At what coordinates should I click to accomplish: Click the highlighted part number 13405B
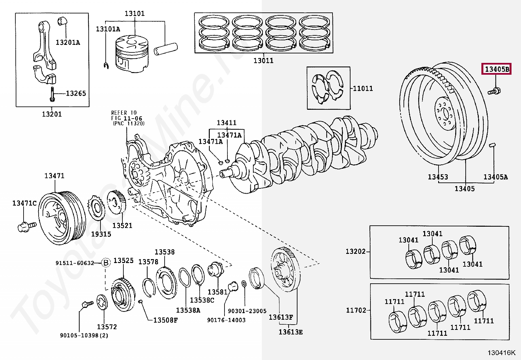[x=496, y=69]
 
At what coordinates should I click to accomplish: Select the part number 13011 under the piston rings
[x=263, y=61]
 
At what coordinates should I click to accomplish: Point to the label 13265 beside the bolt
[x=76, y=93]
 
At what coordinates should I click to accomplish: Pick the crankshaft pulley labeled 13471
[x=62, y=218]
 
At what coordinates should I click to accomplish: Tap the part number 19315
[x=101, y=234]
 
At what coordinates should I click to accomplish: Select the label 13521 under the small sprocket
[x=122, y=226]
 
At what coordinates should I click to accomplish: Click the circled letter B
[x=106, y=263]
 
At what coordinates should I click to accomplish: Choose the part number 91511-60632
[x=75, y=263]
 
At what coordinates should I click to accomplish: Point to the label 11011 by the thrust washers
[x=363, y=88]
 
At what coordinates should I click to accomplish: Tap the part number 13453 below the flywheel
[x=438, y=177]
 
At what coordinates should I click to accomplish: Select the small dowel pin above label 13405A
[x=493, y=145]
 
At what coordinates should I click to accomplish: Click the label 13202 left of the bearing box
[x=356, y=251]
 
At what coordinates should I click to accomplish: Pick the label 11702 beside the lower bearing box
[x=356, y=310]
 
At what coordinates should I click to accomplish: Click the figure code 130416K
[x=501, y=353]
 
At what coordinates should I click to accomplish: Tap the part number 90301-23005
[x=247, y=311]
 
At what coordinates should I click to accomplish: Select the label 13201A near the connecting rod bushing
[x=68, y=42]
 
